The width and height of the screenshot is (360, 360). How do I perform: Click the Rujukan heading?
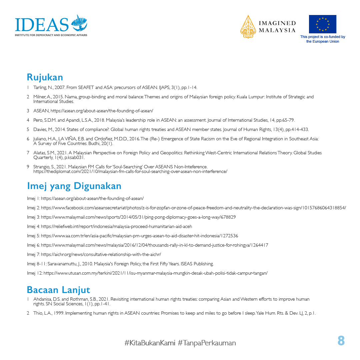(45, 77)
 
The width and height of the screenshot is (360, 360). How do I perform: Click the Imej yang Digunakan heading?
(74, 186)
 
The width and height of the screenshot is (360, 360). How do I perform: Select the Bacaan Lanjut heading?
(58, 290)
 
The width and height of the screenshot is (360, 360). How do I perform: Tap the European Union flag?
(322, 24)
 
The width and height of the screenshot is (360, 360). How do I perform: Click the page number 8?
(341, 341)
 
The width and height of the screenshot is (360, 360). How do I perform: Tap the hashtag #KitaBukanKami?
(150, 343)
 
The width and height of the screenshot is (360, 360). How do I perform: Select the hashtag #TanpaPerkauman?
(207, 343)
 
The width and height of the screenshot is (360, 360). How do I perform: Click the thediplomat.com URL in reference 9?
(130, 171)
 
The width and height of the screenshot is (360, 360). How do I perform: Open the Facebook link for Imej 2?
(193, 208)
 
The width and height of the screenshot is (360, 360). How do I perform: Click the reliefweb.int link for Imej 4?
(116, 226)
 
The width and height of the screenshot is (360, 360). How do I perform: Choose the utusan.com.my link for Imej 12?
(155, 273)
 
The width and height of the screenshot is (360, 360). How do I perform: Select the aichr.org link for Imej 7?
(101, 254)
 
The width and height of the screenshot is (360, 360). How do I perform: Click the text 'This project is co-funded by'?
(322, 37)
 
